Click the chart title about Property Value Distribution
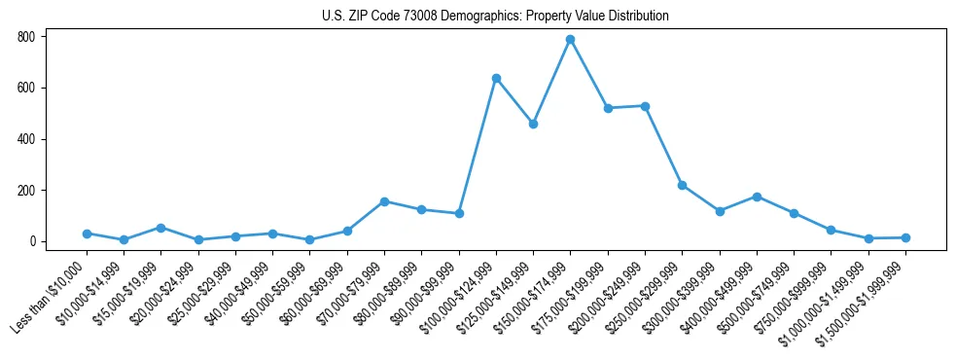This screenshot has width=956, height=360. click(x=495, y=17)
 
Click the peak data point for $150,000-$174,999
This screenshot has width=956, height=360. click(x=571, y=40)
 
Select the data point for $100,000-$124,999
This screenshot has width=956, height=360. click(x=496, y=78)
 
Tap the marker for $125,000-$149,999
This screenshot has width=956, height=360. click(x=533, y=124)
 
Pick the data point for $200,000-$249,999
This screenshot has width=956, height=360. click(x=645, y=106)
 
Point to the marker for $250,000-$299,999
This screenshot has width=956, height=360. click(x=682, y=185)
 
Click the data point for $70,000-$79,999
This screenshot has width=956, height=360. click(x=384, y=201)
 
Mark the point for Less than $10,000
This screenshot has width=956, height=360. click(x=87, y=234)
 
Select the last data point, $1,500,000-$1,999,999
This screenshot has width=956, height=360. click(x=905, y=237)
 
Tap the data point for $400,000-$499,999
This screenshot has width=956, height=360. click(x=757, y=197)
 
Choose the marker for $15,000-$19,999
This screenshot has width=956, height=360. click(x=161, y=228)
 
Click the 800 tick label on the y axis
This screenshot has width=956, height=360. click(x=25, y=37)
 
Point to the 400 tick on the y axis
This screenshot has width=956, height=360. click(x=25, y=139)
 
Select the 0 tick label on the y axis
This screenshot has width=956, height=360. click(x=31, y=241)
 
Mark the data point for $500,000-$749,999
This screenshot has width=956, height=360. click(x=794, y=213)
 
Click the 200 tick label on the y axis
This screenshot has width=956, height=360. click(x=25, y=190)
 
